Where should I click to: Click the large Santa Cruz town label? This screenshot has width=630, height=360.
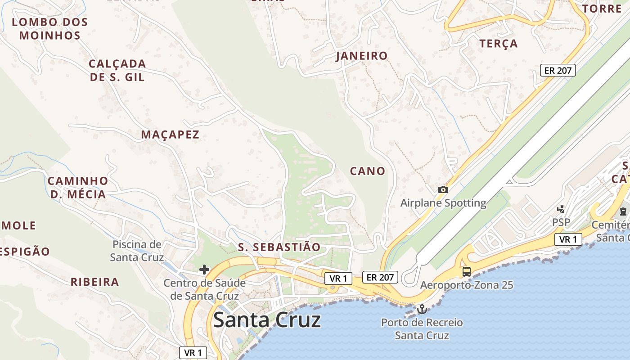(x=267, y=320)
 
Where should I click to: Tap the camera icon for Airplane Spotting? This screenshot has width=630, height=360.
(x=443, y=190)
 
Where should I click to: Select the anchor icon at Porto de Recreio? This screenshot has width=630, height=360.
(x=422, y=309)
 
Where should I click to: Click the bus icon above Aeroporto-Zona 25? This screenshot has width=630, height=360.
(x=467, y=271)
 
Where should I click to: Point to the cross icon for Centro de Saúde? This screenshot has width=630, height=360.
(x=204, y=270)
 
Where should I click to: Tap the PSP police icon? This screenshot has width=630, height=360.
(x=561, y=209)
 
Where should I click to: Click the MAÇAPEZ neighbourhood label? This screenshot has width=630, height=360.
(x=170, y=135)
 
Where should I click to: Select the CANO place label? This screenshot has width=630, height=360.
(x=368, y=171)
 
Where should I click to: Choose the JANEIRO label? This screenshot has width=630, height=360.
(x=362, y=56)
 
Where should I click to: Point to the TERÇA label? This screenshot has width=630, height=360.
(x=499, y=44)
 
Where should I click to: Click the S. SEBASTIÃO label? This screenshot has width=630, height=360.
(x=279, y=247)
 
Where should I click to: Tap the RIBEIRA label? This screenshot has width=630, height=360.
(x=94, y=282)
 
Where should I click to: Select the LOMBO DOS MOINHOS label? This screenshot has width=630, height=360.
(x=49, y=29)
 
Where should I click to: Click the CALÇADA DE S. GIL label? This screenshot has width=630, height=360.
(x=117, y=70)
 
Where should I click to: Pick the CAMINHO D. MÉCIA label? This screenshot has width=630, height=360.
(x=77, y=188)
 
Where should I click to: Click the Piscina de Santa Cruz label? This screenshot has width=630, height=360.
(x=137, y=251)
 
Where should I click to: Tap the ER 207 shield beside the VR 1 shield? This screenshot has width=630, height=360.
(x=380, y=277)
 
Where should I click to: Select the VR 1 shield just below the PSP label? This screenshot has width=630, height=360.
(x=568, y=239)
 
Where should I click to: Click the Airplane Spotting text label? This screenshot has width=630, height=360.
(x=443, y=203)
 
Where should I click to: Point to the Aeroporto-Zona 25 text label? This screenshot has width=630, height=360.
(x=467, y=285)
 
